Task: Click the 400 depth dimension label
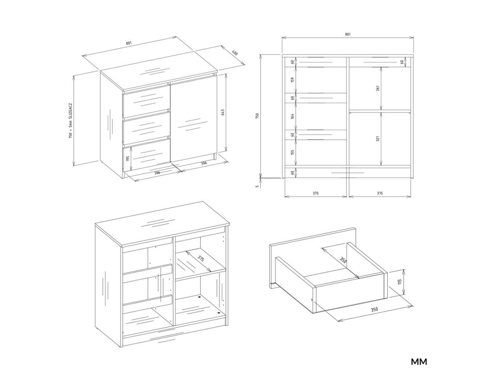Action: [x=235, y=53]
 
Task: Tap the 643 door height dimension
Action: [x=223, y=112]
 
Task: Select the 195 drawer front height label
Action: [x=128, y=158]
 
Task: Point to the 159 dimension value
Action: [x=292, y=80]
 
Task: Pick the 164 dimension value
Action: [x=292, y=116]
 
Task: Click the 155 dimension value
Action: [x=292, y=152]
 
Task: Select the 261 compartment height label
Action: [x=377, y=88]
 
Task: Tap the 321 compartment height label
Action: [x=377, y=139]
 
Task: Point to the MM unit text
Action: [x=419, y=362]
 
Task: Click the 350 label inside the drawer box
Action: [x=343, y=261]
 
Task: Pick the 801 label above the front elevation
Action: [x=348, y=34]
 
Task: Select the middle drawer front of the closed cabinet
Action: [x=146, y=127]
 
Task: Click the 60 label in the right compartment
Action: [x=402, y=62]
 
